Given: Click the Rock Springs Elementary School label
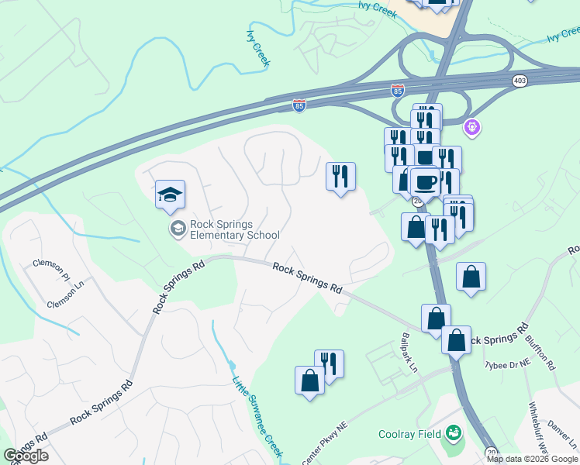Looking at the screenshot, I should (x=234, y=230).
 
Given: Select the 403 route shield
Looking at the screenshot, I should (x=520, y=80).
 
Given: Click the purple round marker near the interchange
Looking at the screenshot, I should (x=471, y=126).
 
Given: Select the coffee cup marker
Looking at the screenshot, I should (x=423, y=182).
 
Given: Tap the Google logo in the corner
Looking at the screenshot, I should (x=26, y=456).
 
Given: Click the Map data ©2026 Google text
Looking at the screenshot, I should (x=532, y=459).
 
